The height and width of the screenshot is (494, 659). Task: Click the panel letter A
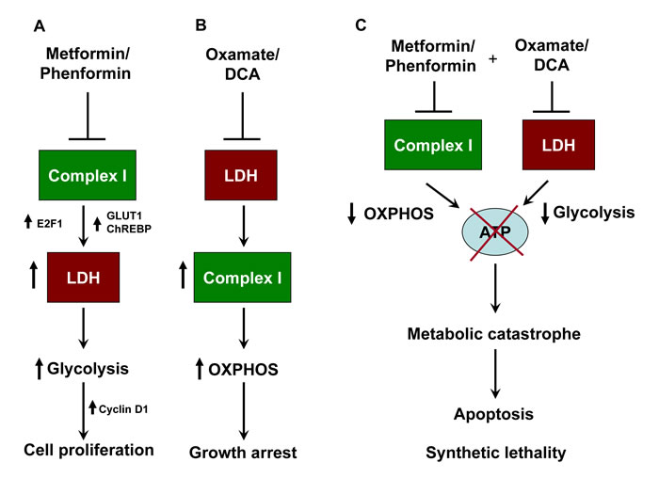40,26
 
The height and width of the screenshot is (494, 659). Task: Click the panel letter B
201,25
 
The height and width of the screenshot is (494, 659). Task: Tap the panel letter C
361,25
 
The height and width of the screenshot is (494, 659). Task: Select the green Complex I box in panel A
88,175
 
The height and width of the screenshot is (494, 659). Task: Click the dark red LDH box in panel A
83,278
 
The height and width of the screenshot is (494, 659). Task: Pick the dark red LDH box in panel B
241,175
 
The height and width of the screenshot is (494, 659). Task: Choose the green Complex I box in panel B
242,278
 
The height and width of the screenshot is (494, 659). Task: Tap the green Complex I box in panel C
433,145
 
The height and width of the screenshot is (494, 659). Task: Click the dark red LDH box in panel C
558,145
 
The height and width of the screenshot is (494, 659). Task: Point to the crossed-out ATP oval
495,231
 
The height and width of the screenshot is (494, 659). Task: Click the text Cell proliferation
88,450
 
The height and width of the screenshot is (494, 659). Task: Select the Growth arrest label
243,453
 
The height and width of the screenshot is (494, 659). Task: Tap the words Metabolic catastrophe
494,334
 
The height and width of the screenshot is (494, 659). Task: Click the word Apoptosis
493,414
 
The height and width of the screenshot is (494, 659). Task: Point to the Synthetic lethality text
496,453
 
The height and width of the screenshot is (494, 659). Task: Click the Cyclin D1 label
123,409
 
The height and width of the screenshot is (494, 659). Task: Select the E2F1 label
50,224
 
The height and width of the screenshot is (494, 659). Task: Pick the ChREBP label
129,229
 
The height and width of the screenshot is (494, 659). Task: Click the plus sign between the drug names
493,58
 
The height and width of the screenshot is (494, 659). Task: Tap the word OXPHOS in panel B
243,370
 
